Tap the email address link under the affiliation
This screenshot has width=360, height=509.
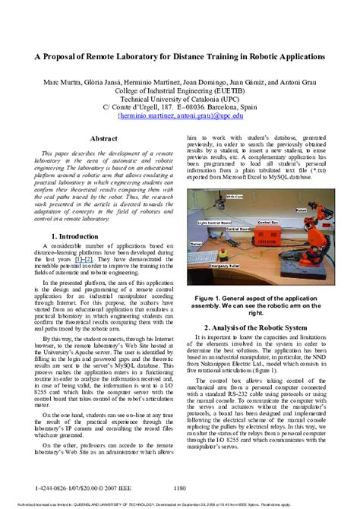tap(180, 117)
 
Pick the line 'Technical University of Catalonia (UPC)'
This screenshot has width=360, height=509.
tap(180, 100)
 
